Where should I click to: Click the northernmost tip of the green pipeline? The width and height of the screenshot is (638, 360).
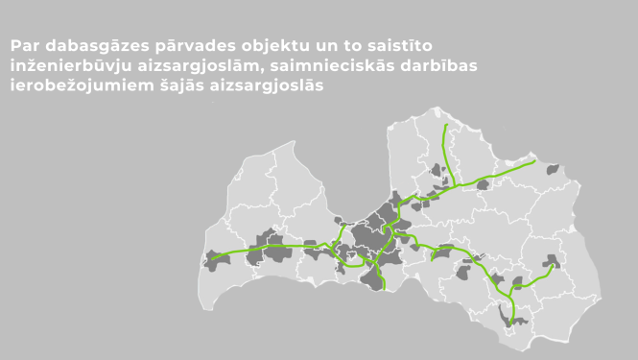pos(444,124)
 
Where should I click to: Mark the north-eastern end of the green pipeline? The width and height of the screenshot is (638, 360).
pos(533,161)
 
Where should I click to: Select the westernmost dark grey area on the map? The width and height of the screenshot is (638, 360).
pos(213,259)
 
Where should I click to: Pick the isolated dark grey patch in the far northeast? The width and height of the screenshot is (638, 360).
pos(553,169)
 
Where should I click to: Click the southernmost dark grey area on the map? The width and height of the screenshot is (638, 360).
pos(509,315)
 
